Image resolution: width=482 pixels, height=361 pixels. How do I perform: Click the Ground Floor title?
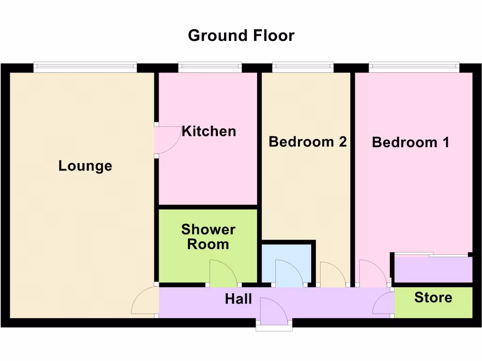point(241,35)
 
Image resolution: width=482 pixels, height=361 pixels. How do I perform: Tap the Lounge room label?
point(85,166)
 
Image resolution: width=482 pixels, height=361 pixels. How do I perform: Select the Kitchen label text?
point(209,131)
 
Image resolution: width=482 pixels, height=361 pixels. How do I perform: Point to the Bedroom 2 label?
point(307,141)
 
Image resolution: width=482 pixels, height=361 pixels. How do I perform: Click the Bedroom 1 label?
point(410,142)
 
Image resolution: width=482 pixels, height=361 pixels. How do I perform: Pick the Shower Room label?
point(208,237)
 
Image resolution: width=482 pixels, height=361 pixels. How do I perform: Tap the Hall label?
point(238,299)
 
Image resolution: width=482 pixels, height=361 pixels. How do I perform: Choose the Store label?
point(433,298)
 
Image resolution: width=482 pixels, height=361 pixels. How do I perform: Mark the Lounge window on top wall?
point(85,68)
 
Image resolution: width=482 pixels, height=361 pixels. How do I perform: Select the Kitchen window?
point(210,68)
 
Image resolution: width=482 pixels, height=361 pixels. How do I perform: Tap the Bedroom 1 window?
point(414,68)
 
